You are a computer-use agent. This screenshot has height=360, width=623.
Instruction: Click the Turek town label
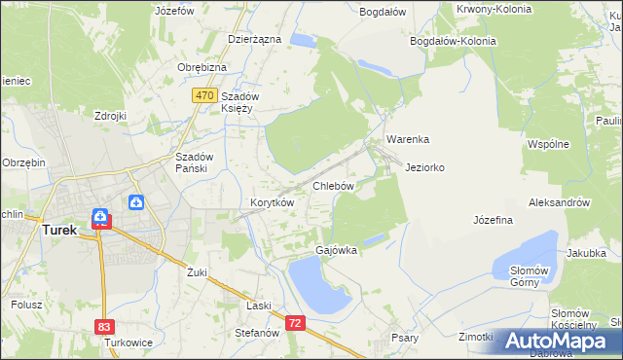[59, 231]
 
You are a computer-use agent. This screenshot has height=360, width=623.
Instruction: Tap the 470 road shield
[204, 95]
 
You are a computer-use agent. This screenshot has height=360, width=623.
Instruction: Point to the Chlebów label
[332, 185]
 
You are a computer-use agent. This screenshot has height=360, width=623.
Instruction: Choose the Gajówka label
[336, 250]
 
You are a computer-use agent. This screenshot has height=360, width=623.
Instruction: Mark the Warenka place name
[407, 139]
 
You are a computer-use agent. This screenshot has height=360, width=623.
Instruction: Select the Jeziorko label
[424, 167]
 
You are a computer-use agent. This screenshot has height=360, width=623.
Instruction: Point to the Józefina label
[493, 220]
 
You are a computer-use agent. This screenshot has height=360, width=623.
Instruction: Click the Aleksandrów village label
[559, 202]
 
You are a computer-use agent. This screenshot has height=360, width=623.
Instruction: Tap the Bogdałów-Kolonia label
[453, 41]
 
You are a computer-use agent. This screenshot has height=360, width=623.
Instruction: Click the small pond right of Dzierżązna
[304, 41]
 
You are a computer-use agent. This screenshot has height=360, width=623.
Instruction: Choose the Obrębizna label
[202, 67]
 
